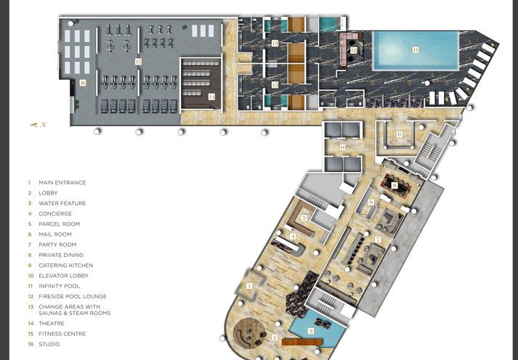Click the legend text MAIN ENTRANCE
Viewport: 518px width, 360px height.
click(x=62, y=183)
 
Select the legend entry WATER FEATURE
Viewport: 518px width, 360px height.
click(x=62, y=203)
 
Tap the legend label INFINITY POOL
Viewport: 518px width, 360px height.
click(x=60, y=286)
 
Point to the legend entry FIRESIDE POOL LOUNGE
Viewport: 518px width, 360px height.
click(x=72, y=296)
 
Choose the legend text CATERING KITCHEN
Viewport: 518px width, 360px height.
click(x=65, y=266)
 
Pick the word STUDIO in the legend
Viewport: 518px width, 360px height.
click(x=49, y=344)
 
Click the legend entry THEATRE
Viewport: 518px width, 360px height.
click(x=50, y=323)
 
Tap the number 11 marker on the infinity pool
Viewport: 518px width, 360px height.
click(x=415, y=50)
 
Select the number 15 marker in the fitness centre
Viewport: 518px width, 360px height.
click(x=137, y=62)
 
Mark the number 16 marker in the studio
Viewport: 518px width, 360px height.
click(x=83, y=83)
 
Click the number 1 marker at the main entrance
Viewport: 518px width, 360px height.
click(x=249, y=286)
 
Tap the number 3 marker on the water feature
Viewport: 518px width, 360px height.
click(x=311, y=331)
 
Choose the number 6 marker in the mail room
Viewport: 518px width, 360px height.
click(x=399, y=134)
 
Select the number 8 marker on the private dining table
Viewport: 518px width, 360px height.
click(x=394, y=186)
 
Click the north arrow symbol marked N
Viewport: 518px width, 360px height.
click(x=39, y=125)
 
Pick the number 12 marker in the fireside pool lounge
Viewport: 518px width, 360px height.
click(x=353, y=50)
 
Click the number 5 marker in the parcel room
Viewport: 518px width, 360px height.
click(x=304, y=218)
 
